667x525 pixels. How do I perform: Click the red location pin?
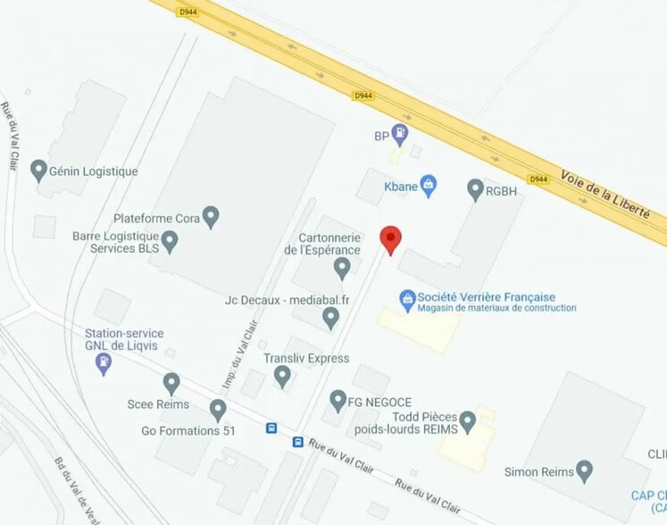[390, 238]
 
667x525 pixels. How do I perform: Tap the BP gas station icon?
[401, 136]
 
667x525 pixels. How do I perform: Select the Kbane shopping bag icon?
[429, 185]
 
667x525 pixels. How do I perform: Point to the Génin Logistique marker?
[38, 170]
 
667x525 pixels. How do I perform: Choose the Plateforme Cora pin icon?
[211, 216]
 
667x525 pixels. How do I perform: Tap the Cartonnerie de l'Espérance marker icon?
[341, 266]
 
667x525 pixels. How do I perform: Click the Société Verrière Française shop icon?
[407, 297]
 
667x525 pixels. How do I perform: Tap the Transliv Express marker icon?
[282, 376]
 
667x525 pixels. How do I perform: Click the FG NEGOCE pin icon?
[338, 400]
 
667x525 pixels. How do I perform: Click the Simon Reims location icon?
[584, 470]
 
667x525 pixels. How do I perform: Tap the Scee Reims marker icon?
[171, 383]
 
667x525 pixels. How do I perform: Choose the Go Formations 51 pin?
[218, 410]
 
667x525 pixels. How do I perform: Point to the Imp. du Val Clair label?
[233, 357]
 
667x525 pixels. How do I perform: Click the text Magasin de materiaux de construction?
[496, 308]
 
